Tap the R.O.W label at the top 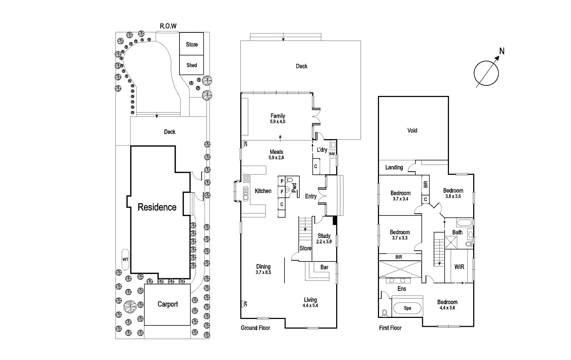click(x=168, y=26)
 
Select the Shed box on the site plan click(x=192, y=65)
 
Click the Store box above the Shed click(x=192, y=44)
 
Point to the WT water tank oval click(x=125, y=259)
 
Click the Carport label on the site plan click(x=168, y=304)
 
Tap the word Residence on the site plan click(x=157, y=207)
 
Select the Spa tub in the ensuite click(x=408, y=308)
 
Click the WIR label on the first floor click(x=459, y=267)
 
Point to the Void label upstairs click(x=412, y=131)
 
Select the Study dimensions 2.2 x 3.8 click(x=324, y=242)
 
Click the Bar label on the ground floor click(x=324, y=267)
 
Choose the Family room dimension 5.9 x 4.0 click(x=278, y=122)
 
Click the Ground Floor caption click(x=256, y=328)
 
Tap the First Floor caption click(x=390, y=328)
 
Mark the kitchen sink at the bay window click(x=246, y=195)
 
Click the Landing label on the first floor click(x=394, y=167)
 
